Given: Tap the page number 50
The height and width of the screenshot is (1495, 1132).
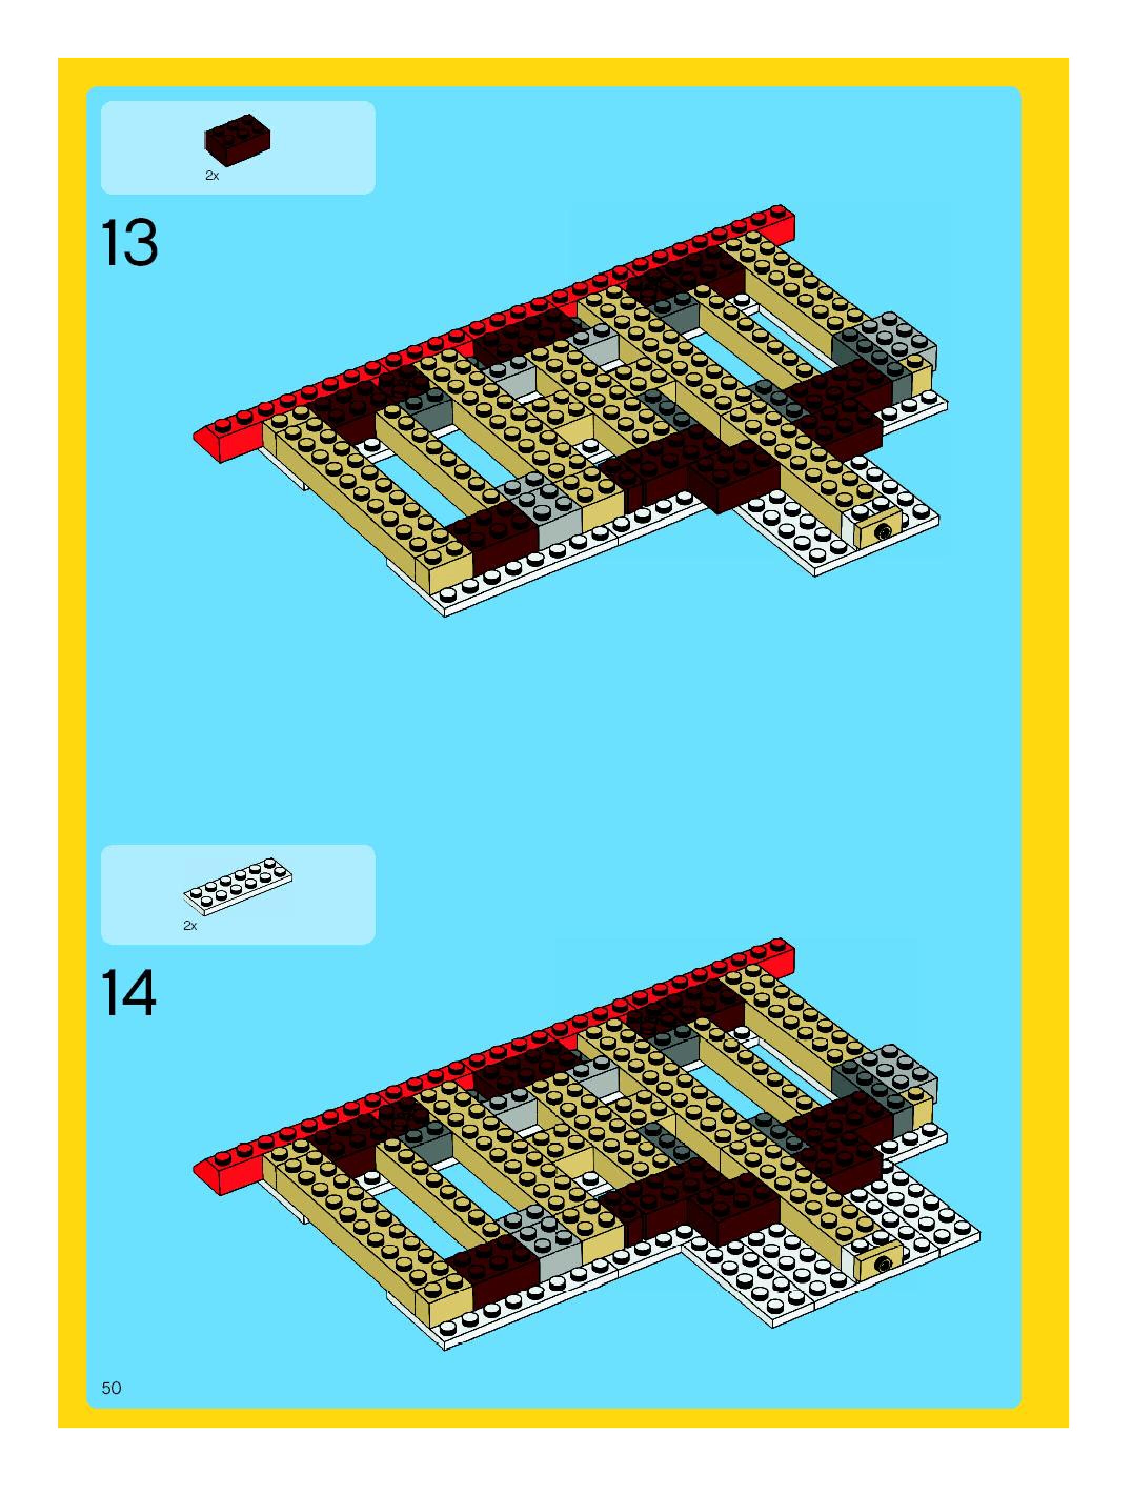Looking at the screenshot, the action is coord(112,1388).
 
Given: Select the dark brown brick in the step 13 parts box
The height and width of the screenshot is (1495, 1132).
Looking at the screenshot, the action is coord(237,140).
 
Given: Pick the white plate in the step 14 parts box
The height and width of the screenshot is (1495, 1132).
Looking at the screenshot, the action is coord(238,886).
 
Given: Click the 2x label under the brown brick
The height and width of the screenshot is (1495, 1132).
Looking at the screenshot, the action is coord(212,176).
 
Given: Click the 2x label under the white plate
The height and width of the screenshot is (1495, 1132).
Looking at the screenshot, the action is coord(190,926).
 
